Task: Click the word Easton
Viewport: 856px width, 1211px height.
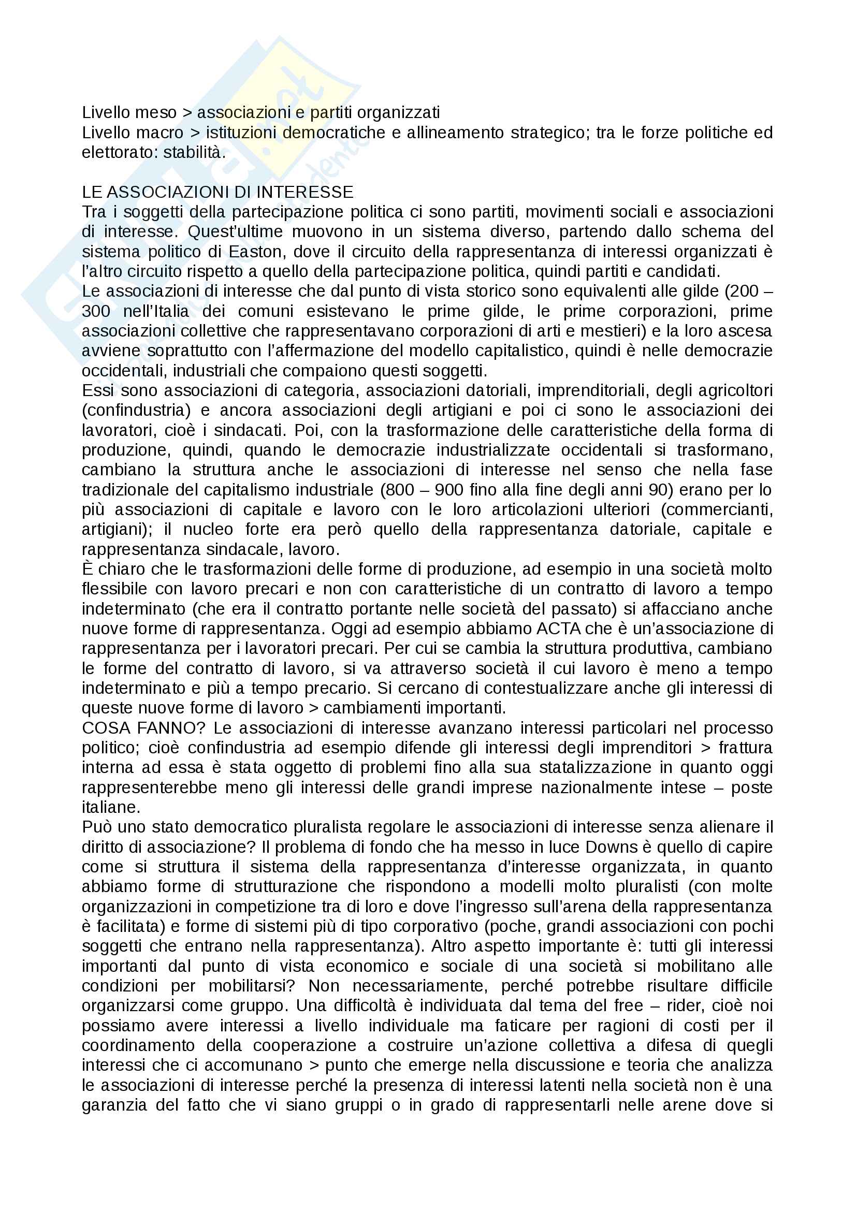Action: (256, 252)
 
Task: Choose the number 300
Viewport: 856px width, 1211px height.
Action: (96, 312)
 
